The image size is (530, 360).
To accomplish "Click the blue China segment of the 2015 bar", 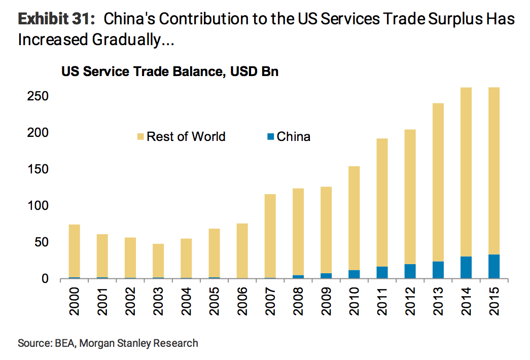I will point(493,267).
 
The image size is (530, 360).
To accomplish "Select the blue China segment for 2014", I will point(465,268).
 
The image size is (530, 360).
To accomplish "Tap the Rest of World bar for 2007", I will point(270,236).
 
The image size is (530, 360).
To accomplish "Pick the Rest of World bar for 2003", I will point(158,261).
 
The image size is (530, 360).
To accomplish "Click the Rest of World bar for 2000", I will point(74,251).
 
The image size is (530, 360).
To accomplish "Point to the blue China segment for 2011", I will point(381,273).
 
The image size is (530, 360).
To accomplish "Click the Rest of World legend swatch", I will point(140,137).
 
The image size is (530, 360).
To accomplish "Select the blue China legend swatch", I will point(271,137).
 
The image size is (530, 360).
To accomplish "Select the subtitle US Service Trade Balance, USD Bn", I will point(169,72).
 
